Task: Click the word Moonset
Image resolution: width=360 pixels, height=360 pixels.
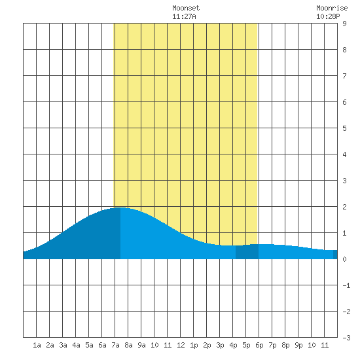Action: [186, 8]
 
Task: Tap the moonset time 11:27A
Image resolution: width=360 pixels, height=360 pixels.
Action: [184, 16]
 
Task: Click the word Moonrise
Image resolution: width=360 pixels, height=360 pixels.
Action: [332, 8]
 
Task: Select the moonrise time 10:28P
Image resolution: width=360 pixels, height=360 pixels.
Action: [328, 16]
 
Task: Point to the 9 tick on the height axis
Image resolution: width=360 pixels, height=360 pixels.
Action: [344, 24]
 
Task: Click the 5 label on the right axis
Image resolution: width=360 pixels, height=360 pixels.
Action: [344, 128]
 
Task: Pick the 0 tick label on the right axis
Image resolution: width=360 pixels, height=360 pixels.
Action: [344, 259]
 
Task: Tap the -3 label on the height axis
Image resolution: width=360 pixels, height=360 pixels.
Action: [346, 338]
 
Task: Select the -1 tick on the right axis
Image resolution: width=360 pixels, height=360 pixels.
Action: [346, 285]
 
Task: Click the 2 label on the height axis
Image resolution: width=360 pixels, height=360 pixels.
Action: [344, 207]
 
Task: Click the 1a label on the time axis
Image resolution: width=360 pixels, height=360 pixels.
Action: [37, 345]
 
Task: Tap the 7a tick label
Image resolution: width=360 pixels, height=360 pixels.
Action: [115, 345]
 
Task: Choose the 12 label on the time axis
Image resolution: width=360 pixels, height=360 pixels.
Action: [181, 345]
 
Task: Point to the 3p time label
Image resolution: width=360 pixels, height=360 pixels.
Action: [220, 345]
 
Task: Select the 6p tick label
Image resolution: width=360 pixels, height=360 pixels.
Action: [259, 345]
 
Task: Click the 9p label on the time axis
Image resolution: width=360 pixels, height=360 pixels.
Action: [298, 345]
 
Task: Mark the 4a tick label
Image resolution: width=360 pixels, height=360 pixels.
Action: [76, 345]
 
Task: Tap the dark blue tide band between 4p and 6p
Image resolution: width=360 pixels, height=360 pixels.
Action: [247, 252]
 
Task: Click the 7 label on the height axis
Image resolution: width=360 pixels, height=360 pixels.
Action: [344, 76]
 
